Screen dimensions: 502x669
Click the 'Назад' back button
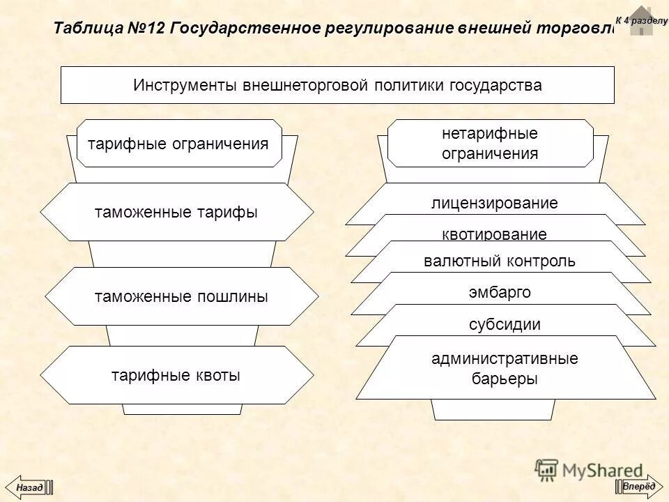(29, 487)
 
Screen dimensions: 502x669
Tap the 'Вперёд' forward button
(638, 486)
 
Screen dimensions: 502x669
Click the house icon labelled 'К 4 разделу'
(641, 20)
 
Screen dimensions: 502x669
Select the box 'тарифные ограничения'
(178, 144)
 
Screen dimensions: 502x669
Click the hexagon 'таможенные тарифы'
(176, 213)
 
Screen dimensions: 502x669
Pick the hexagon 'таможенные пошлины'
(180, 296)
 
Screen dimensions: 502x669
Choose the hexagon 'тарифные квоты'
(176, 375)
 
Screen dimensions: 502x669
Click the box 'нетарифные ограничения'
(490, 144)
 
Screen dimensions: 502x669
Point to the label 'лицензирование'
(495, 203)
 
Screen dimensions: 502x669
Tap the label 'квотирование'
(495, 234)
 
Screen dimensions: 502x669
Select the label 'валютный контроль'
(500, 261)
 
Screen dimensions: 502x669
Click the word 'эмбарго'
(500, 292)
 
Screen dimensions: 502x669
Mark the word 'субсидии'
(505, 324)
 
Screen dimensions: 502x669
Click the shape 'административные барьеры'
(505, 369)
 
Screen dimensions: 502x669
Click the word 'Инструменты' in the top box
(184, 85)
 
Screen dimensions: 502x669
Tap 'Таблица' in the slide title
(88, 29)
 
